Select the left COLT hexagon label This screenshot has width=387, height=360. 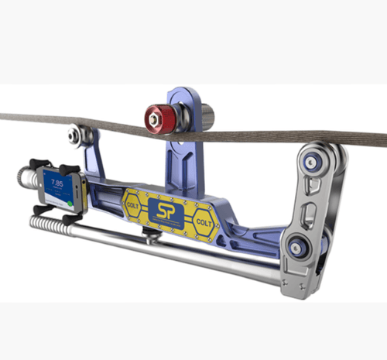[x=132, y=204]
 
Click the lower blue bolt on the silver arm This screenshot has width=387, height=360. [x=296, y=249]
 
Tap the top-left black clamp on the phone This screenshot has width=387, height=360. [x=37, y=164]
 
